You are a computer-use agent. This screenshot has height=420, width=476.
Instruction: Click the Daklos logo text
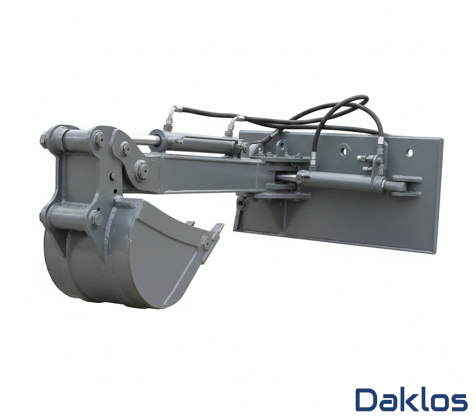(411, 400)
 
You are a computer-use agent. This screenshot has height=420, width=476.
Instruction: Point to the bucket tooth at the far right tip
(219, 229)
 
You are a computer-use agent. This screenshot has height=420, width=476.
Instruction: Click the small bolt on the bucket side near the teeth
(206, 243)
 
